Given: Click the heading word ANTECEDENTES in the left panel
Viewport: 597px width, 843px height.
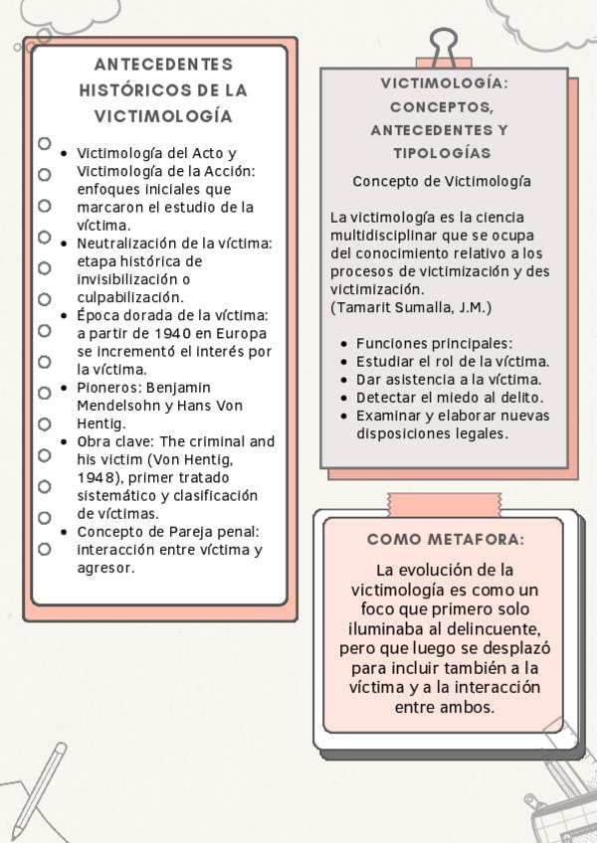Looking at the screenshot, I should tap(163, 65).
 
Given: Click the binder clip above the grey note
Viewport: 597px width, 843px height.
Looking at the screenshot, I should tap(442, 47).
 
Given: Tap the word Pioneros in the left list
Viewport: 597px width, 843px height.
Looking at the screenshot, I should tap(109, 387).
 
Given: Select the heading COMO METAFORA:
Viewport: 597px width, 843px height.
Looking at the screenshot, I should tap(445, 540).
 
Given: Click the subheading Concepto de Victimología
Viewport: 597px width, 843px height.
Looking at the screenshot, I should tap(442, 182).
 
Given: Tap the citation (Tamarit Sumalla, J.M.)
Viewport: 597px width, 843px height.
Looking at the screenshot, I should tap(411, 307).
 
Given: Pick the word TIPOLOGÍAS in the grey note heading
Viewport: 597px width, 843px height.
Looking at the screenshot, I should tap(442, 154).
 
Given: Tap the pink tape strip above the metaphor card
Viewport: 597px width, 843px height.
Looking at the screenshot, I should tap(444, 502).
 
